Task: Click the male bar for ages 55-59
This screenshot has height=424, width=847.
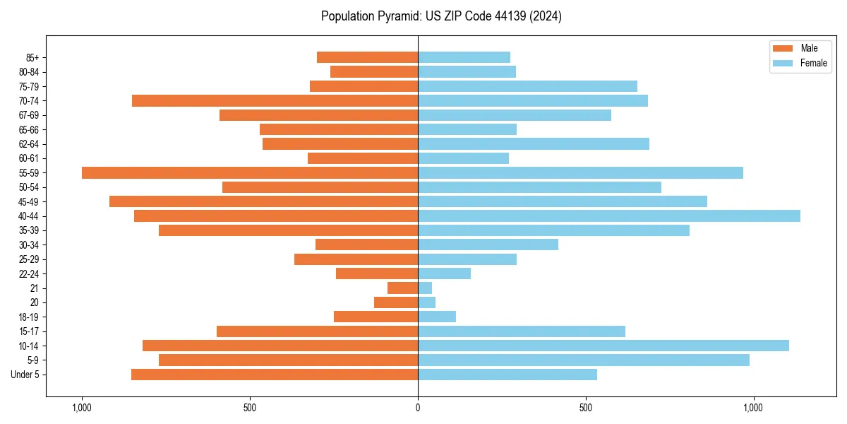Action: click(250, 173)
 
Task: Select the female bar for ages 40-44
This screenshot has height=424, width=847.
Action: click(608, 216)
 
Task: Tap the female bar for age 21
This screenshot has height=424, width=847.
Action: click(425, 288)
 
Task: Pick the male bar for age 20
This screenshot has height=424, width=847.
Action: click(396, 302)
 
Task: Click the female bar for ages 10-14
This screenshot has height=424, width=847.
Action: click(603, 346)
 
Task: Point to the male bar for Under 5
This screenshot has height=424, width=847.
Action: click(275, 375)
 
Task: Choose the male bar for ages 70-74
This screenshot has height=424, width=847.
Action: click(275, 101)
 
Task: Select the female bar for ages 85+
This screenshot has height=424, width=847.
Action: click(464, 57)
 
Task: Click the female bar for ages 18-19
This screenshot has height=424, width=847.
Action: click(437, 317)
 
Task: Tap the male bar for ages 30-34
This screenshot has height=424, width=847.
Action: click(366, 245)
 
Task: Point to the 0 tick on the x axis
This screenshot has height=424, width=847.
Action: click(418, 408)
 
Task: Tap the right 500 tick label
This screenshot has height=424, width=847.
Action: click(585, 408)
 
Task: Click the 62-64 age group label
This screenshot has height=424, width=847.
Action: click(29, 144)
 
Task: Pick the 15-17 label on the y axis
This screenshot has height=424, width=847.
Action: click(29, 331)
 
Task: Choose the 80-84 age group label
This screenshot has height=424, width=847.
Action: click(29, 72)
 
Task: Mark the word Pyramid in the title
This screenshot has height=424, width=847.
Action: click(397, 16)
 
